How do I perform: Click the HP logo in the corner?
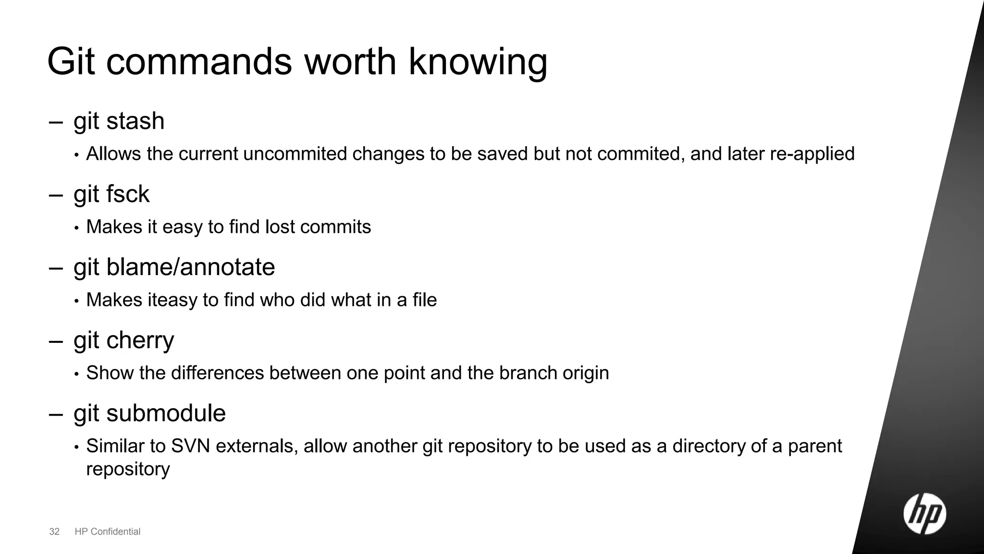924,514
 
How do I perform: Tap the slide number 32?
54,531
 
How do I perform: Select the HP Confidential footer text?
108,531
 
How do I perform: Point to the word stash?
135,121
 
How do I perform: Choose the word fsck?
128,194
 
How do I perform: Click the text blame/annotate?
190,267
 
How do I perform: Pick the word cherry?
140,340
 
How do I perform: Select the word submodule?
166,413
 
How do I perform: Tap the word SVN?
190,446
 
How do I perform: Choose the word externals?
257,446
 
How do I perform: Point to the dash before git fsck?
56,195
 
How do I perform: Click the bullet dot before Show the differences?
76,374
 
